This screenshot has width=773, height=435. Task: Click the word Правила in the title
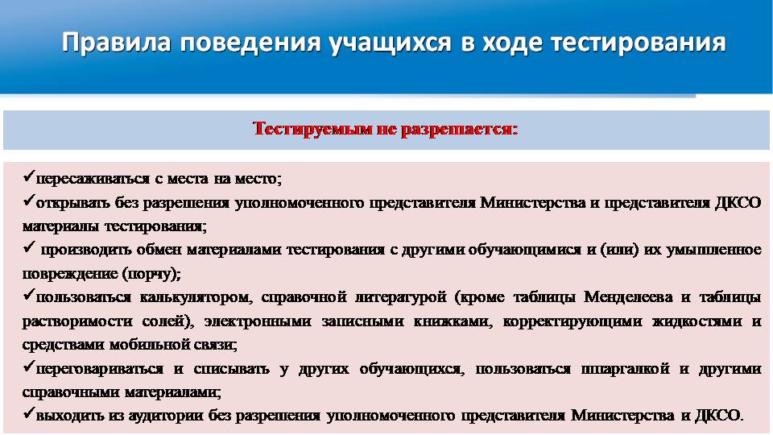pos(116,43)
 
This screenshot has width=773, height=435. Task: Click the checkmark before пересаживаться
pos(29,176)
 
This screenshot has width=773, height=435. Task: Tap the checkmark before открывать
pos(29,201)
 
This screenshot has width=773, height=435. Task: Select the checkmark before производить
pos(29,247)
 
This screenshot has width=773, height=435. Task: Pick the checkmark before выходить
pos(29,412)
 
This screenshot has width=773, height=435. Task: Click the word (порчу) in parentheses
pos(151,274)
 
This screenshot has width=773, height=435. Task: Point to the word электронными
pos(258,321)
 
